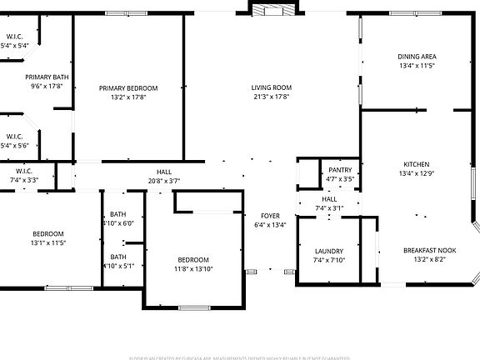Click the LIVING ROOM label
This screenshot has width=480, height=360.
[x=271, y=87]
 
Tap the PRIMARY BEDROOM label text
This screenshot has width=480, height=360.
[x=128, y=87]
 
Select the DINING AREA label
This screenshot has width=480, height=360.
[x=417, y=57]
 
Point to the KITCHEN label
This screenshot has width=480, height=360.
[x=417, y=164]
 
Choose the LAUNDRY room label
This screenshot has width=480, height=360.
[x=329, y=251]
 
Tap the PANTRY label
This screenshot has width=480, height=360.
[x=340, y=170]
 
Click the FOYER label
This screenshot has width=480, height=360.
[x=270, y=215]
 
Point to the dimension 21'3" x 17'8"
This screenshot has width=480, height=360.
[x=271, y=97]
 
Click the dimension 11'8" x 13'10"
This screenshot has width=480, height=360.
[x=193, y=268]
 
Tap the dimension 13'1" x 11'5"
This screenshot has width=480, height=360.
[x=48, y=242]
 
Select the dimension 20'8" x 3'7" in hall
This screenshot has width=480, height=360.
[x=164, y=180]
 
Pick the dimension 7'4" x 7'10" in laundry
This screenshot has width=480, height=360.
[x=329, y=260]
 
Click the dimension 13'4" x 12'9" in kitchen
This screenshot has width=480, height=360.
[x=417, y=173]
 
